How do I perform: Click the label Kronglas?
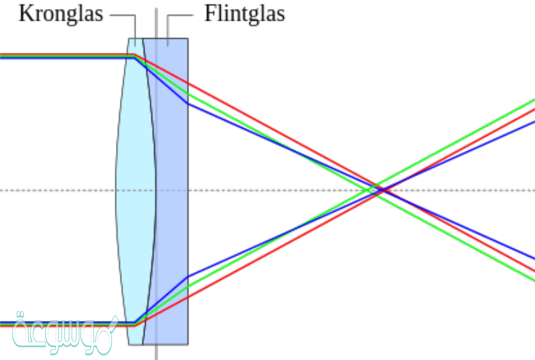[61, 13]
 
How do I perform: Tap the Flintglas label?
[244, 13]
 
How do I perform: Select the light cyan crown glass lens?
[132, 190]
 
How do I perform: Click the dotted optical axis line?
[59, 190]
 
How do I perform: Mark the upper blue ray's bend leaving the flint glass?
[188, 103]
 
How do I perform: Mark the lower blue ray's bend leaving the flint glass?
[188, 276]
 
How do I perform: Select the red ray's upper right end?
[533, 110]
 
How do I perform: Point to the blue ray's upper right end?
[533, 121]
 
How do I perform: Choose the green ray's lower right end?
[533, 279]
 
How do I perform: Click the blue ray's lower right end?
[533, 259]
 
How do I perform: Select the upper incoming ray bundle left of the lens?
[59, 56]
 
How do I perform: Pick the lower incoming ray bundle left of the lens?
[59, 324]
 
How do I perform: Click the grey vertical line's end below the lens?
[156, 356]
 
